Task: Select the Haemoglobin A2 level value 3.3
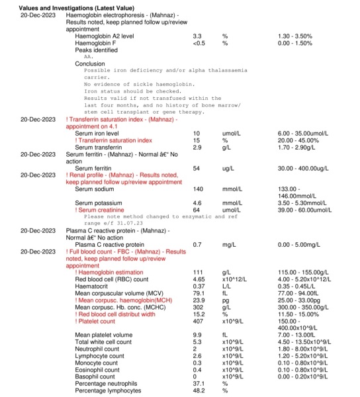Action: [x=197, y=35]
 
